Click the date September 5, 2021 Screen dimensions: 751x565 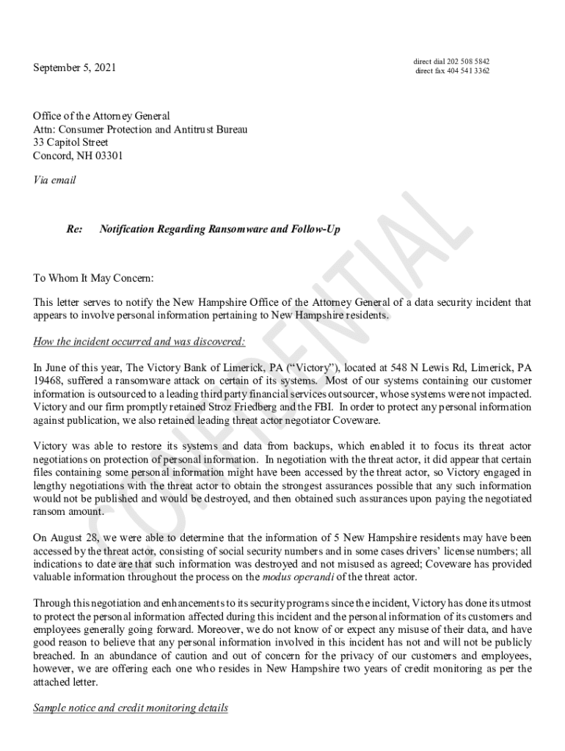74,68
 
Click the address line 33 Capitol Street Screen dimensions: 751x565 70,142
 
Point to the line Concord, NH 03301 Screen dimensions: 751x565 78,155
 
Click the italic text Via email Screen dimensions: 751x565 54,179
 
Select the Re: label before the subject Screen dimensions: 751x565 74,230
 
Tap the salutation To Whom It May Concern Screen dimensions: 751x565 94,279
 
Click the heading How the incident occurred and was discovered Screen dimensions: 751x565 139,342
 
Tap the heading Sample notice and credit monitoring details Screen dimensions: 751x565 131,708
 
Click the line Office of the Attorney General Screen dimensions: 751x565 101,116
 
